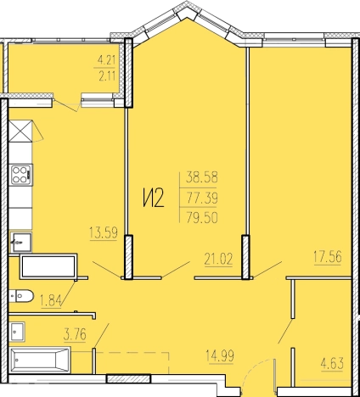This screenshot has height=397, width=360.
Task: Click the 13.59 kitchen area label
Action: (x=104, y=233)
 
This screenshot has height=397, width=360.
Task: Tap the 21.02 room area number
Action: (x=218, y=259)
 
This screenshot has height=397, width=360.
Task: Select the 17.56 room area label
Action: (x=328, y=257)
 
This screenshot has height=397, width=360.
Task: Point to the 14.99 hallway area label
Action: (x=220, y=355)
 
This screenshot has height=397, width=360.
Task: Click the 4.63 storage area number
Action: (x=332, y=364)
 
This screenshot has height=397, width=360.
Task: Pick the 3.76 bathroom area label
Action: (x=75, y=334)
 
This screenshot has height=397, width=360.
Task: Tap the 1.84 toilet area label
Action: (x=50, y=300)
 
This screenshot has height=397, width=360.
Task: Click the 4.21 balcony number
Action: (x=106, y=59)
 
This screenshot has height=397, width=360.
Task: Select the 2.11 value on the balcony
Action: (x=107, y=75)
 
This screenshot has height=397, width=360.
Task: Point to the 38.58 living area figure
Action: (x=201, y=177)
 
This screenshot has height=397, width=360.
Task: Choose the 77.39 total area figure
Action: (x=201, y=198)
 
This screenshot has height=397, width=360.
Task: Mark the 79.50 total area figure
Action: (x=201, y=217)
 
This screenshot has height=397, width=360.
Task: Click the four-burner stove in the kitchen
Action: (x=21, y=175)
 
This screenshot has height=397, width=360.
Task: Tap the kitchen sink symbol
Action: (x=20, y=242)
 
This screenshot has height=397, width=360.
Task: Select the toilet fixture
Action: (x=21, y=296)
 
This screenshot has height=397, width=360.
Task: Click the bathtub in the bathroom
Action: (x=40, y=360)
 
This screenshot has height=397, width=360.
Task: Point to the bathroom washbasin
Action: (x=18, y=332)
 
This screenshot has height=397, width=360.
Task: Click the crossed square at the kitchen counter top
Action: (x=20, y=131)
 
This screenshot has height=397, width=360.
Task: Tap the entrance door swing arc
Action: (x=251, y=368)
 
